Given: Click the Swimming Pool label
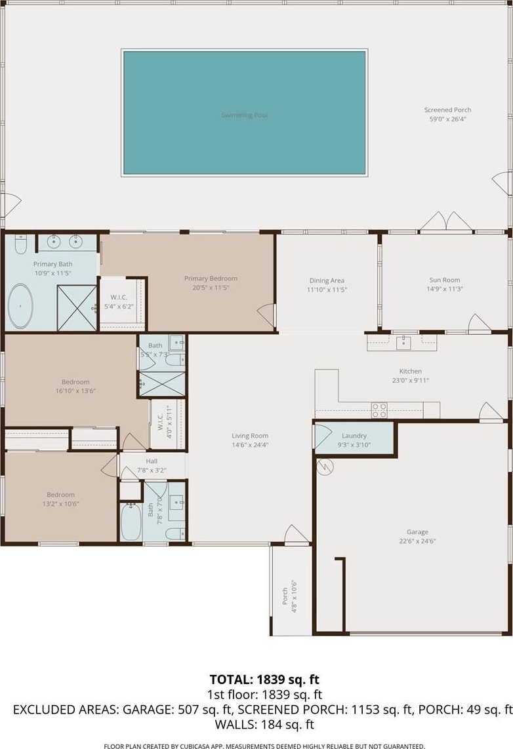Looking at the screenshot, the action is pyautogui.click(x=244, y=115).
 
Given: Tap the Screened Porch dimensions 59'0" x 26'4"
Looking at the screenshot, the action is pyautogui.click(x=447, y=119).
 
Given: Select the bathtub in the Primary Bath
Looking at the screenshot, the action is pyautogui.click(x=20, y=306).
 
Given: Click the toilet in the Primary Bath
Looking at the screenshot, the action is pyautogui.click(x=20, y=244).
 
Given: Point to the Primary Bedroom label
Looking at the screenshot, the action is pyautogui.click(x=211, y=278).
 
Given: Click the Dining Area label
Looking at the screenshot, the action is pyautogui.click(x=327, y=281).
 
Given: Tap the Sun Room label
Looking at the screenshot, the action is pyautogui.click(x=445, y=280).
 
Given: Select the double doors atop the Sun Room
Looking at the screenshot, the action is pyautogui.click(x=446, y=221).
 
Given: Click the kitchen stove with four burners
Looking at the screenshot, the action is pyautogui.click(x=380, y=410).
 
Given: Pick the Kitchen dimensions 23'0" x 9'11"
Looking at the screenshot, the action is pyautogui.click(x=411, y=381).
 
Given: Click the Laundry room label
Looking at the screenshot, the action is pyautogui.click(x=354, y=436).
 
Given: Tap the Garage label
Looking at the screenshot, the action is pyautogui.click(x=417, y=531).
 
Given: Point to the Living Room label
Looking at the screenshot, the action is pyautogui.click(x=250, y=436).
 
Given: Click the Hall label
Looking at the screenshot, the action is pyautogui.click(x=152, y=461).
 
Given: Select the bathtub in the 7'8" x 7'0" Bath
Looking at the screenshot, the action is pyautogui.click(x=131, y=521).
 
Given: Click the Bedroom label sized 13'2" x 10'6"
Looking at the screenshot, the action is pyautogui.click(x=61, y=495).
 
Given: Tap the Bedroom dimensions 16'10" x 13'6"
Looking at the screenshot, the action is pyautogui.click(x=75, y=391).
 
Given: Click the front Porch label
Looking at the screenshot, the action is pyautogui.click(x=285, y=596).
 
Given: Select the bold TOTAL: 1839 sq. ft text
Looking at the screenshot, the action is pyautogui.click(x=264, y=680).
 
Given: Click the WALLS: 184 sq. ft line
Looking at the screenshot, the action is pyautogui.click(x=264, y=725).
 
